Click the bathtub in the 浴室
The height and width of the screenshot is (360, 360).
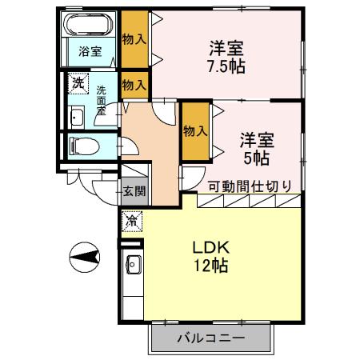coord(89,25)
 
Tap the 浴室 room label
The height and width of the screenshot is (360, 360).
coord(90,51)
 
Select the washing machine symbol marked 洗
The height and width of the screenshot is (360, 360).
coord(78,82)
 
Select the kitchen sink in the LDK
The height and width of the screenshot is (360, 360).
coord(132,264)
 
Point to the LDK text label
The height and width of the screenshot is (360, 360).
coord(210,247)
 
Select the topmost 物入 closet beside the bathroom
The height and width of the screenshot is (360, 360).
coord(134,38)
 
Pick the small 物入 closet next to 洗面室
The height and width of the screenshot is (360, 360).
coord(134,83)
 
